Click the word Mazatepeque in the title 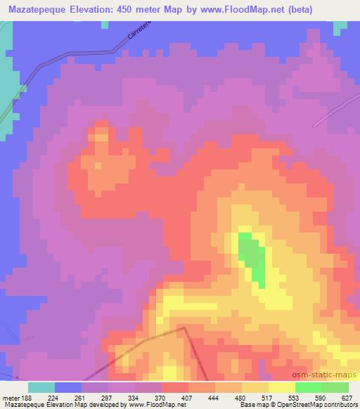tap(37, 9)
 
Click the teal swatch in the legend tap(41, 387)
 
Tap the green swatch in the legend tap(309, 387)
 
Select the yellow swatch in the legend tap(282, 387)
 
